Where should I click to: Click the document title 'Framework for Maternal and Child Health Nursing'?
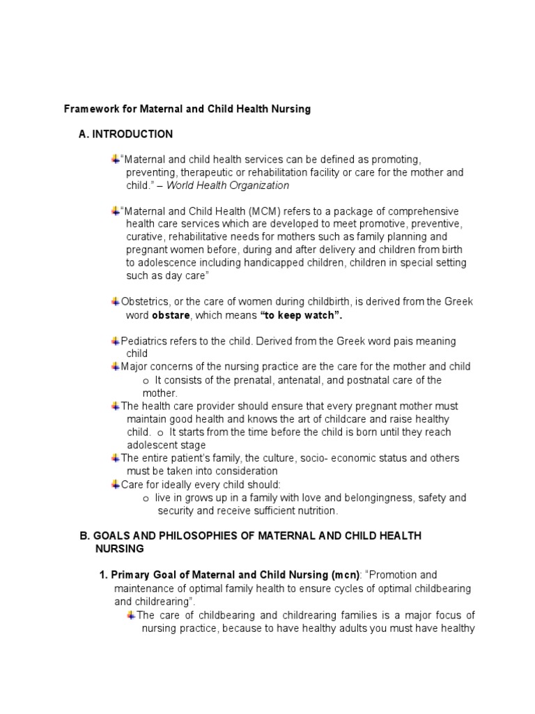point(187,109)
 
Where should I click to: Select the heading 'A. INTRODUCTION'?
point(126,134)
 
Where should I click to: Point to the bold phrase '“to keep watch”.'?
point(302,315)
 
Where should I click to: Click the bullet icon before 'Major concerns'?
point(115,367)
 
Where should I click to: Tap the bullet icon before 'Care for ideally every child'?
point(115,485)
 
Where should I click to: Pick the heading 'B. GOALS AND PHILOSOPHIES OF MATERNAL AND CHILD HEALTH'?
point(250,535)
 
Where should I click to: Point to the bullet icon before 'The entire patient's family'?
point(115,458)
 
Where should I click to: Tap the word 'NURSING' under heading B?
point(119,549)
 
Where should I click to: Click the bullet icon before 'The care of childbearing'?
point(131,615)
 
